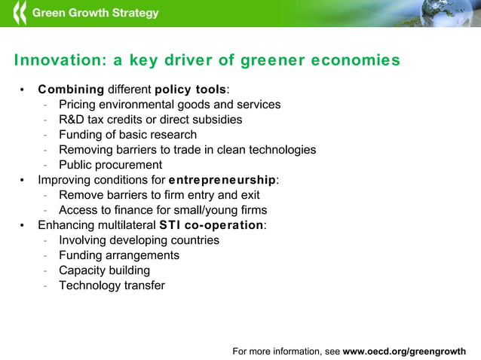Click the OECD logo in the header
[19, 13]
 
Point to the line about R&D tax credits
[150, 120]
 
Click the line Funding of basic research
[127, 135]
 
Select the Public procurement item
[110, 165]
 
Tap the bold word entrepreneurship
[222, 180]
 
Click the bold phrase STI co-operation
[211, 225]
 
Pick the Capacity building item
[104, 270]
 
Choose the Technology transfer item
[112, 285]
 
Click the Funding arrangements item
[119, 255]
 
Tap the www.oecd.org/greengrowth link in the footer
[404, 351]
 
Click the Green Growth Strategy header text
[95, 13]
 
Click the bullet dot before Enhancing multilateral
[23, 225]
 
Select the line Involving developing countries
[139, 240]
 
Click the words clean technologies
[269, 150]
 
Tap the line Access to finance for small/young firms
[163, 210]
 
